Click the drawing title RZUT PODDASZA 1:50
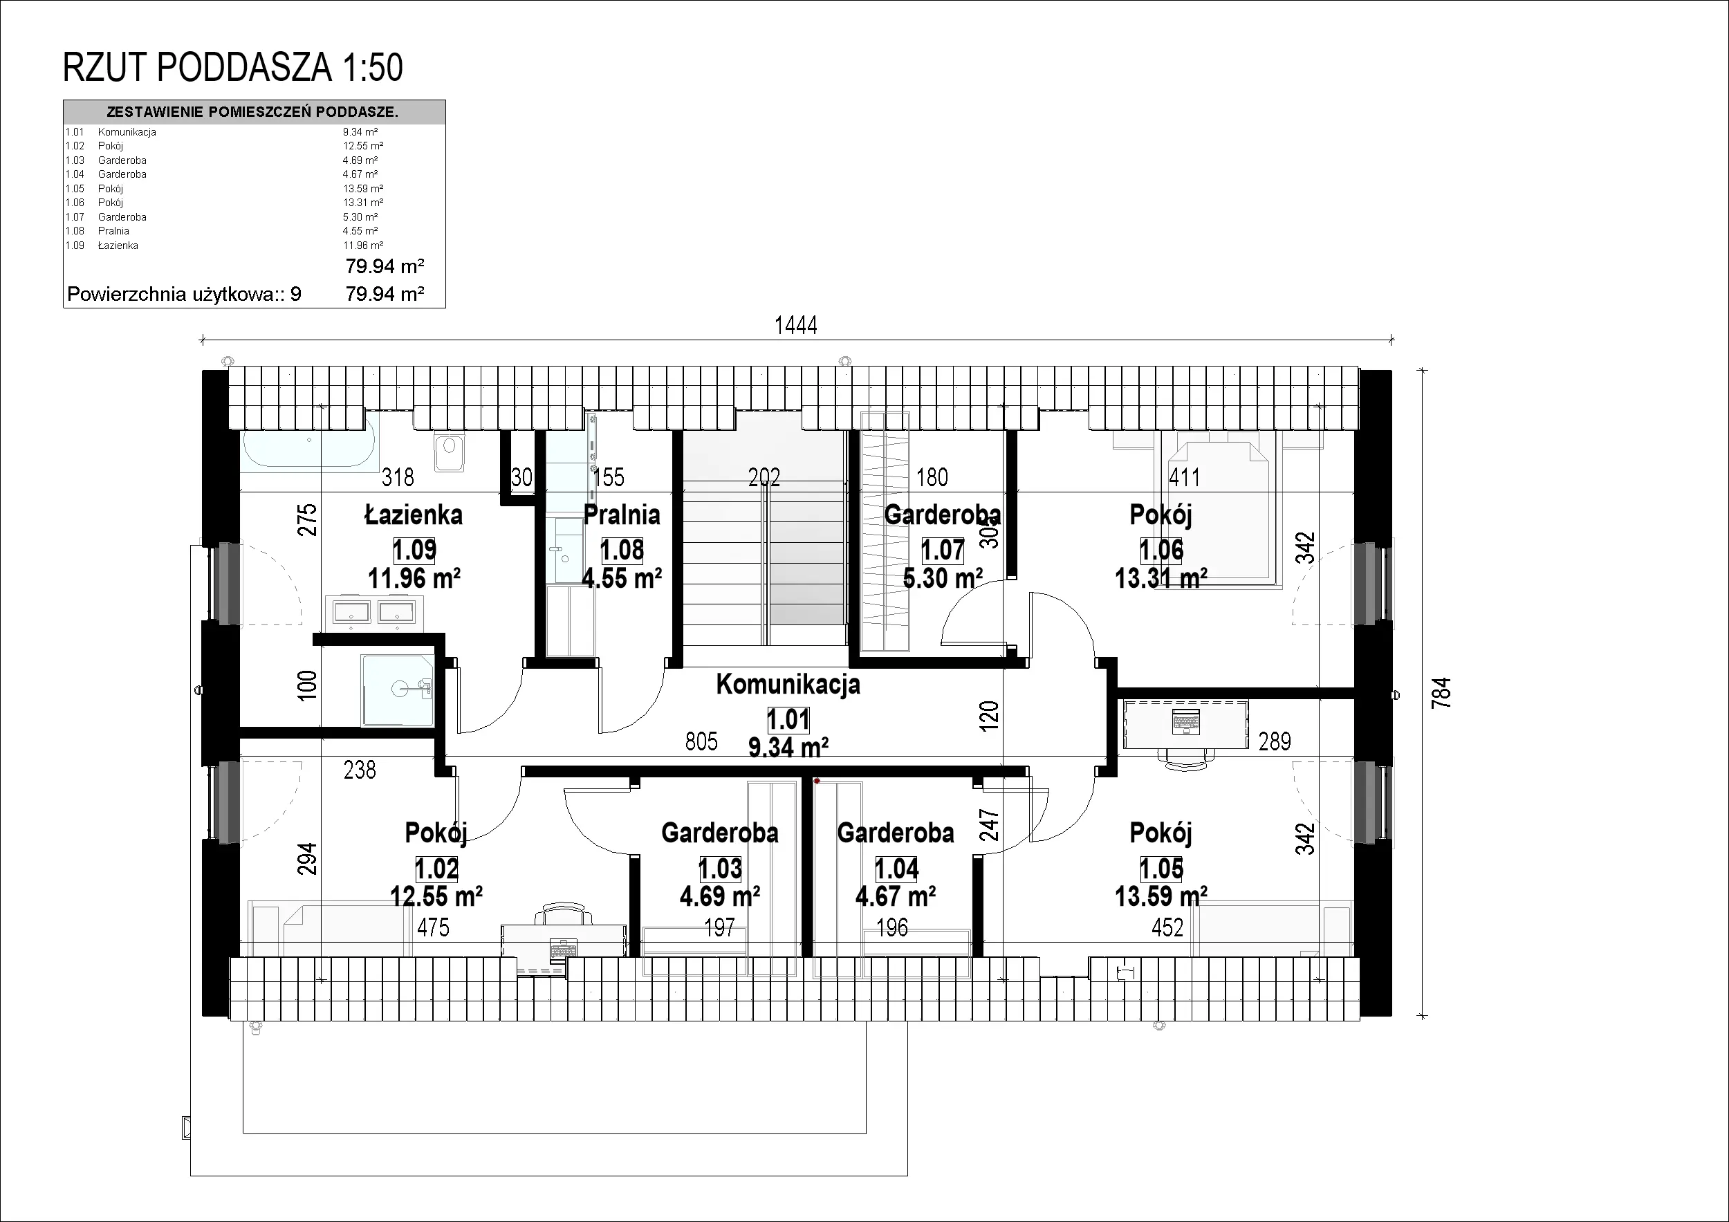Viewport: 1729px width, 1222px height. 232,68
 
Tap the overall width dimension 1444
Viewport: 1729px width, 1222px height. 796,325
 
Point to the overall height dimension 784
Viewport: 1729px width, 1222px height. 1440,694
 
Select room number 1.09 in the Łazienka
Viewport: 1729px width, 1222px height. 415,550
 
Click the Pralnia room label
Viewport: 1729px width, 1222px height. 622,515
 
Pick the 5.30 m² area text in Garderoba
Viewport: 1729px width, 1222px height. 943,578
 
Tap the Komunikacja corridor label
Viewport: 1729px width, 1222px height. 788,685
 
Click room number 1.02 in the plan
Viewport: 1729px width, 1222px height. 437,869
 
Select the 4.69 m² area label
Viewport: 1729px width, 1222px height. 720,896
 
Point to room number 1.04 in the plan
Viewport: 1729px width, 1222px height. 896,869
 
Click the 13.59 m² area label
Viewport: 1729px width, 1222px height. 1161,896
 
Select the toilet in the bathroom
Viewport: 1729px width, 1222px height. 449,450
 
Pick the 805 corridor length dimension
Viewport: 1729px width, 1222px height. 701,741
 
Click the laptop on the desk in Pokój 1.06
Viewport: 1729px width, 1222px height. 1186,722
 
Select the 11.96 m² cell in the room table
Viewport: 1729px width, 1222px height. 363,246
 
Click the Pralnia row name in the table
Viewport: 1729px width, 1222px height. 113,231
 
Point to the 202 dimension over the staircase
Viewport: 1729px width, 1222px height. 764,476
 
